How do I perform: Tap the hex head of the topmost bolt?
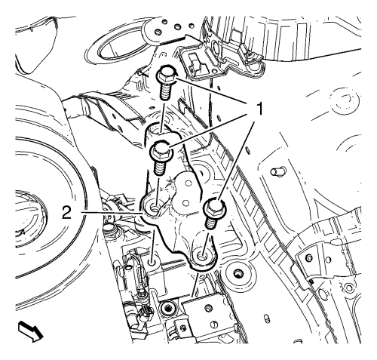coord(166,75)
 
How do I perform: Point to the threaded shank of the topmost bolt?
coord(166,91)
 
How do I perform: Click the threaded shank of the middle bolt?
coord(160,167)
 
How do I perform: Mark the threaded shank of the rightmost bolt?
coord(211,221)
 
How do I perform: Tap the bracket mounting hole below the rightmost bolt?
coord(202,257)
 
